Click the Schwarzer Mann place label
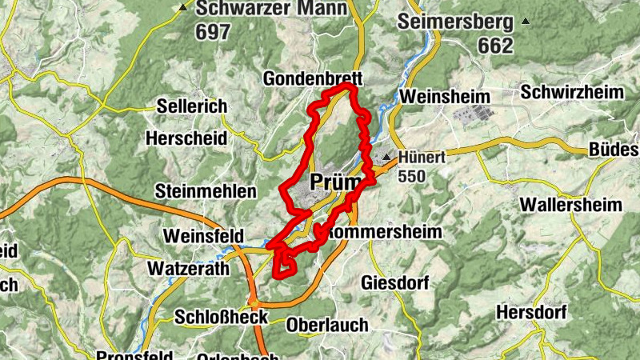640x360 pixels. point(272,9)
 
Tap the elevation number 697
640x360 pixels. point(212,32)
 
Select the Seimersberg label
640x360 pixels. point(455,21)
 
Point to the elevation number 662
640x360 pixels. point(495,46)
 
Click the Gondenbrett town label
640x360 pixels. point(314,79)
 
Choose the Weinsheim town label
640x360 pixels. point(446,96)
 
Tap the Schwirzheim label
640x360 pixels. point(572,92)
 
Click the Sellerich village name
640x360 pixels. point(192,106)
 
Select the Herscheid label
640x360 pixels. point(186,138)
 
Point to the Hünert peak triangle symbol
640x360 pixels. point(386,157)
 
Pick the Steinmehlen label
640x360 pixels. point(206,191)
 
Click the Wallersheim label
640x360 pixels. point(570,205)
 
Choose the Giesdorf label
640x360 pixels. point(396,283)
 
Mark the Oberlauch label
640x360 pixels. point(327,325)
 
